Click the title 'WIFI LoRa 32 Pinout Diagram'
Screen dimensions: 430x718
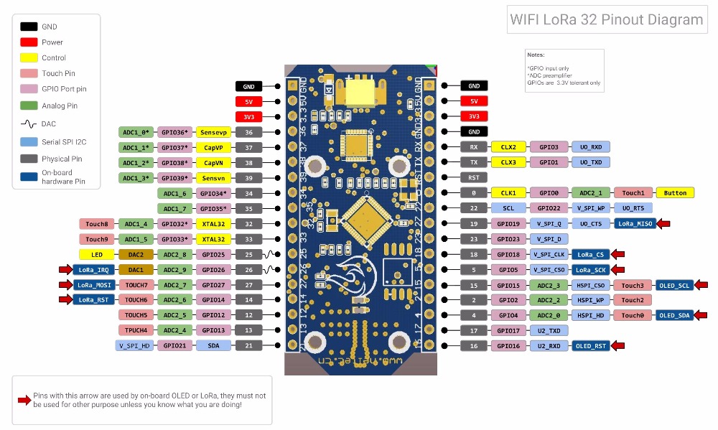(x=606, y=19)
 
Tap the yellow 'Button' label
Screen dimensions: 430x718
(x=675, y=192)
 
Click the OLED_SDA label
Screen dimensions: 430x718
(x=674, y=315)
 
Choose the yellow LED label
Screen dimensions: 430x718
(x=97, y=254)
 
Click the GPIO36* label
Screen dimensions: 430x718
(x=174, y=132)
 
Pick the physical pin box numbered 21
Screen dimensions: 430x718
(x=248, y=345)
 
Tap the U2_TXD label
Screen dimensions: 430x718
(x=549, y=331)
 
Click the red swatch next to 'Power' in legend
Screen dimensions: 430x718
(x=29, y=42)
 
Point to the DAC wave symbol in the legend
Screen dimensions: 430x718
(x=29, y=123)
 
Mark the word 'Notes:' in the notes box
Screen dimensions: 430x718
(x=536, y=55)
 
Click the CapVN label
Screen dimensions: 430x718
(x=214, y=162)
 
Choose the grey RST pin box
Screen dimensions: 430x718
(x=473, y=177)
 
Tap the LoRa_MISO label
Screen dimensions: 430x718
(x=635, y=224)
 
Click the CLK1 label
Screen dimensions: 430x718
(x=508, y=192)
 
